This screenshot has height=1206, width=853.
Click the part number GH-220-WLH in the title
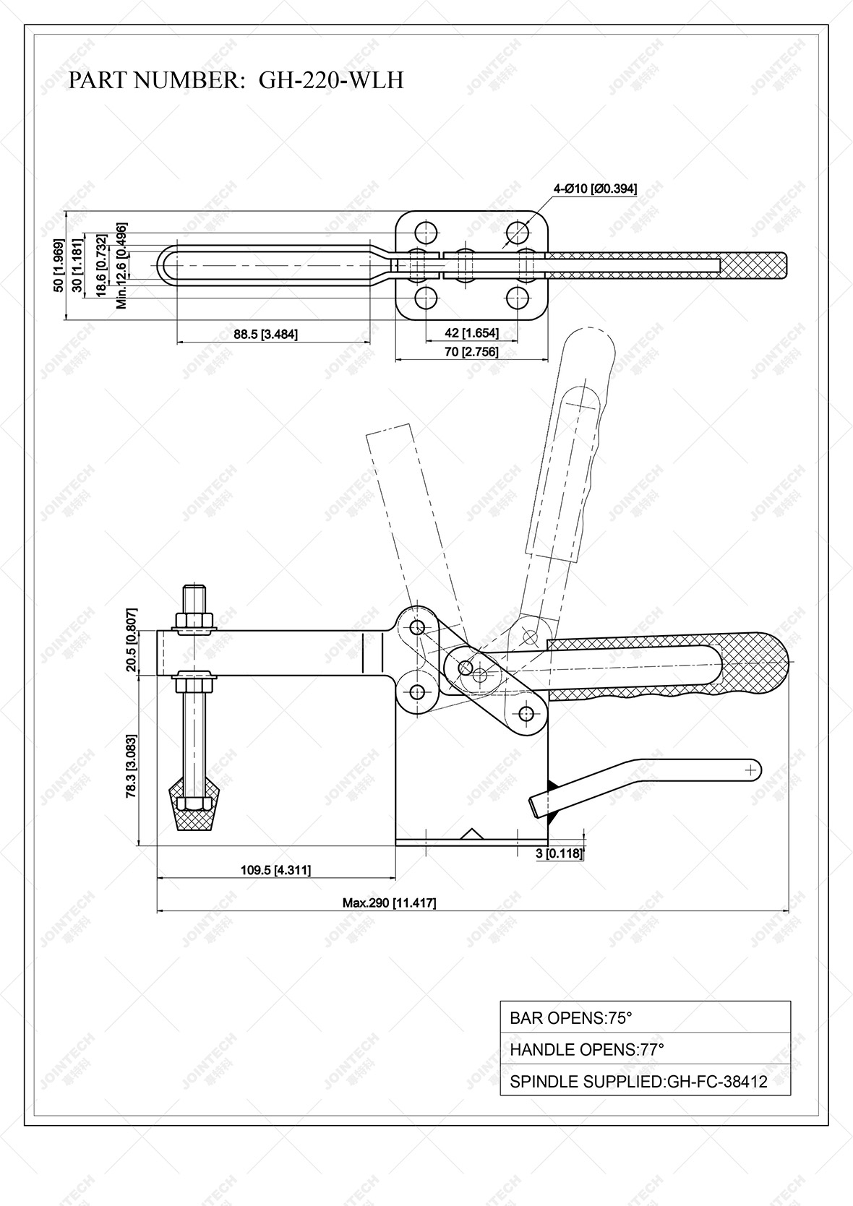331,79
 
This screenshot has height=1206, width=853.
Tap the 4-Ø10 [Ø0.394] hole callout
595,189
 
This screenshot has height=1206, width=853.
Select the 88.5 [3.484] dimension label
265,334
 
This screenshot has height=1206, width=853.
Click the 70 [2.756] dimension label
471,352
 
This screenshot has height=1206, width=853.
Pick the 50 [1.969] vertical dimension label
59,265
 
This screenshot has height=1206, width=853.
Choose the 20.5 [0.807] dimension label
131,639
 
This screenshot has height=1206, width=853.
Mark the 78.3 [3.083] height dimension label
131,766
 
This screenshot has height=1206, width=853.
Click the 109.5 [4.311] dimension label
275,870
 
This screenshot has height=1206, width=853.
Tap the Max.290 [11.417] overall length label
389,903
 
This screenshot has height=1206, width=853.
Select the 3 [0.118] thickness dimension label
559,853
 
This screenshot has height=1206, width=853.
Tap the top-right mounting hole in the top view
518,233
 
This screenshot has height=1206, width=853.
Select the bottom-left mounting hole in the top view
426,297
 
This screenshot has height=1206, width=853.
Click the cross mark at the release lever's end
751,770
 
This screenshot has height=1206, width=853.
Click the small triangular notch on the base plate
472,835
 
